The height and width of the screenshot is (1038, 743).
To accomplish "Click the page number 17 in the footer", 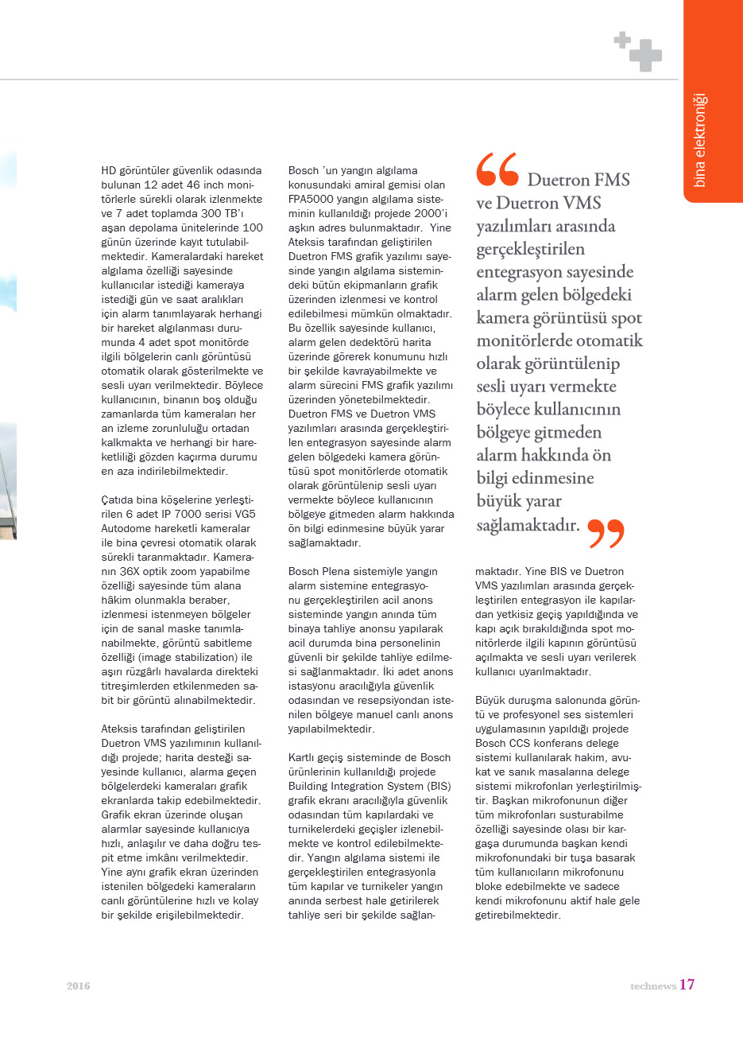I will click(687, 985).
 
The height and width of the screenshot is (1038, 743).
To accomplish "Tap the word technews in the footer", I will click(653, 986).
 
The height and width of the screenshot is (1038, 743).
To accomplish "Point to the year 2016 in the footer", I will click(78, 986).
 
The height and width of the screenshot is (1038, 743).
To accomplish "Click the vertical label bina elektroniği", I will click(700, 141).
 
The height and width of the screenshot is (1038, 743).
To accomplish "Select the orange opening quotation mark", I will click(497, 169).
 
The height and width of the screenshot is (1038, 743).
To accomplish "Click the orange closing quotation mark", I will click(606, 534).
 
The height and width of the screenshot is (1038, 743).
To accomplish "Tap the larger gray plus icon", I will click(645, 55).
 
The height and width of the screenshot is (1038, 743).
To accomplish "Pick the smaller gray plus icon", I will click(622, 39).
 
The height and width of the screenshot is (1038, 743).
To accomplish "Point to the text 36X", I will click(130, 572).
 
